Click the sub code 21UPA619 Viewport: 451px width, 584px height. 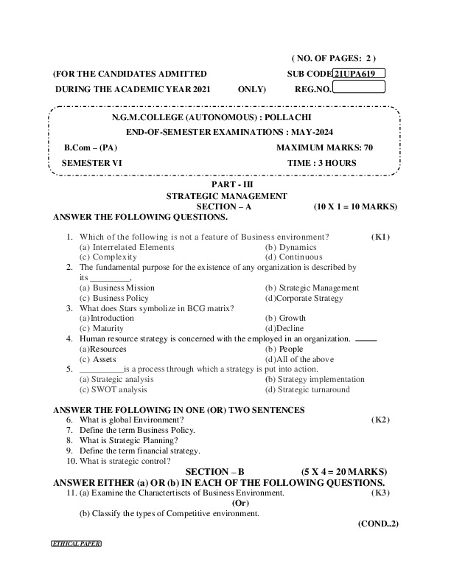359,74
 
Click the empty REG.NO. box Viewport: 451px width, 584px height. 359,88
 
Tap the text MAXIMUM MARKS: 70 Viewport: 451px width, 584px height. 324,147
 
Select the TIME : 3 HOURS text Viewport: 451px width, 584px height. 322,162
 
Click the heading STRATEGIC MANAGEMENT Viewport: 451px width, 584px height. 225,196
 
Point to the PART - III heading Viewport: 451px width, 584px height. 225,186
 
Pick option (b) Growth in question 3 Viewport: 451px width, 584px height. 285,318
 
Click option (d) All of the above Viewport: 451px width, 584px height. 296,358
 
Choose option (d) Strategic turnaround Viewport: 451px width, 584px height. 307,389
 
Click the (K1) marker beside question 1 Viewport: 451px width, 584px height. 380,237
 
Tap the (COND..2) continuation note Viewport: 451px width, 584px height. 377,523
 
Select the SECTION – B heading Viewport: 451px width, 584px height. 214,471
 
